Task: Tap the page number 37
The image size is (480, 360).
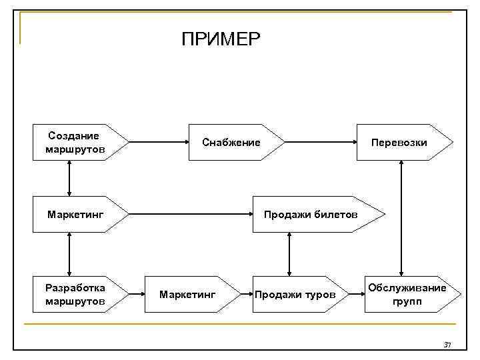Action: pyautogui.click(x=448, y=345)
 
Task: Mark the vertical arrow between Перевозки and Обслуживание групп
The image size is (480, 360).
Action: pyautogui.click(x=401, y=217)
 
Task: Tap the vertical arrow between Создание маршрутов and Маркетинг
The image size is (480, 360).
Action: pyautogui.click(x=69, y=178)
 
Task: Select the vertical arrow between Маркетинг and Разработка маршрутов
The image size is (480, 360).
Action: pyautogui.click(x=69, y=253)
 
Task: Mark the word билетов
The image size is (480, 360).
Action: pyautogui.click(x=338, y=215)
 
